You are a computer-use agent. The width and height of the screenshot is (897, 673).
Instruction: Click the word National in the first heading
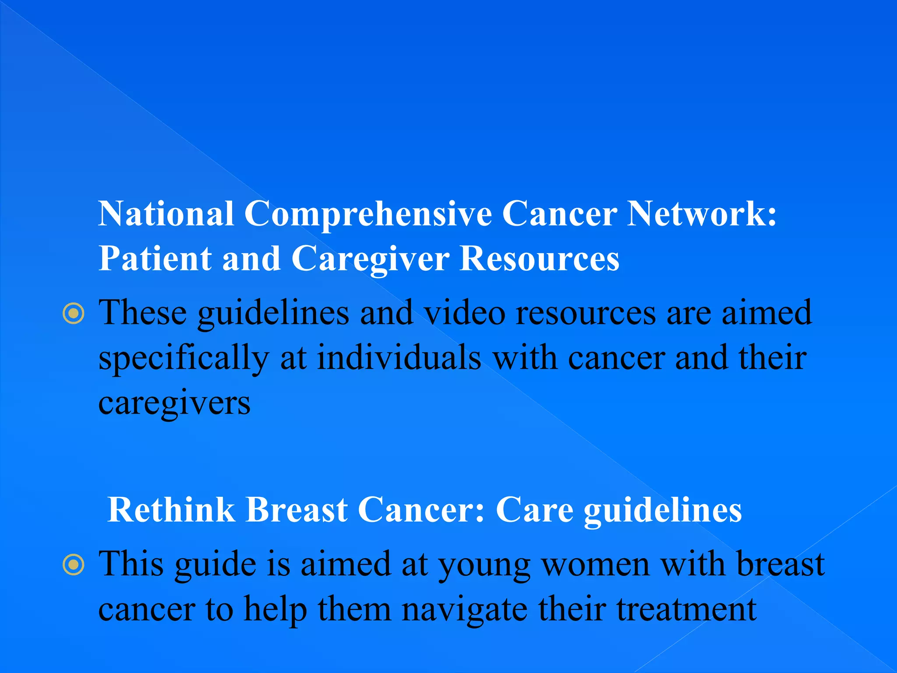[x=166, y=214]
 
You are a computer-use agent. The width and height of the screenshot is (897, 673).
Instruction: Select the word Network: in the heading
[x=701, y=214]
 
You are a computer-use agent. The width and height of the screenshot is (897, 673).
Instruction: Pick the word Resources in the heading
[x=539, y=259]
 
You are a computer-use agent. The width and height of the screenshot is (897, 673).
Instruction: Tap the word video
[x=465, y=313]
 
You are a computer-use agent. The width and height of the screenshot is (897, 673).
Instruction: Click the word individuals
[x=399, y=358]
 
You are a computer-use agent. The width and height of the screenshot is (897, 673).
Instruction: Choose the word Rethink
[x=171, y=510]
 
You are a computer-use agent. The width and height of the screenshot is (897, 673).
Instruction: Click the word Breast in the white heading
[x=297, y=510]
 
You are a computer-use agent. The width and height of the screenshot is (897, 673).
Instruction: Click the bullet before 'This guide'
[x=73, y=565]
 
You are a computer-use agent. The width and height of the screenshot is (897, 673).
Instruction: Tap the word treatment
[x=686, y=610]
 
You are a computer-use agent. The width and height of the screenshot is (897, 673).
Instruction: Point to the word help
[x=275, y=610]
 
